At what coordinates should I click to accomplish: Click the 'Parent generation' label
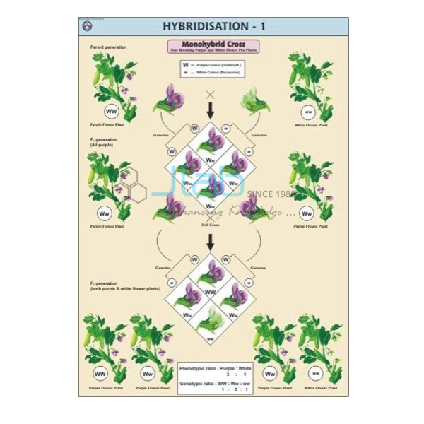tap(108, 47)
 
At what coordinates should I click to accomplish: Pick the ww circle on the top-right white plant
tap(308, 112)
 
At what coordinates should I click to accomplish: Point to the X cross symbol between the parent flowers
tap(210, 93)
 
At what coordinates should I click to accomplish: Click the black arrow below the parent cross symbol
tap(211, 111)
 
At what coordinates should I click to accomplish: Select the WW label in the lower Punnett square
tap(210, 290)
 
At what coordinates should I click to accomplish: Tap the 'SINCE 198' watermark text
tap(273, 192)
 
